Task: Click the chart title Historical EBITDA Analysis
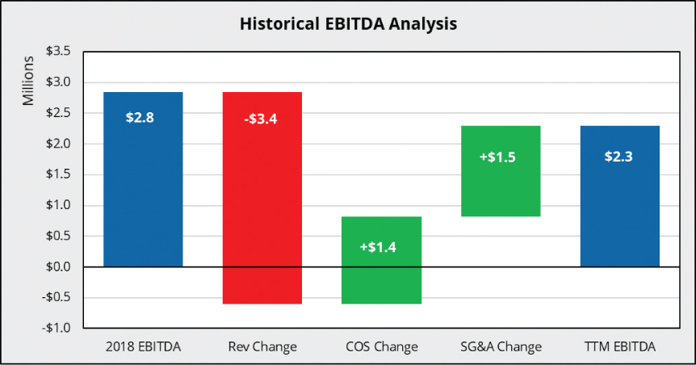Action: click(348, 24)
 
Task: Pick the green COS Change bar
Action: click(381, 275)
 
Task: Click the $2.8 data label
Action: click(140, 117)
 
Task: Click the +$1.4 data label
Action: click(380, 246)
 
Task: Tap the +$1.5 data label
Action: click(499, 157)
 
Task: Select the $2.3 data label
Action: click(618, 157)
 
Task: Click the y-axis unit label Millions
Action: click(28, 81)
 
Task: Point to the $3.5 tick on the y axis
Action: click(57, 52)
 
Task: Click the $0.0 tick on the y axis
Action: click(57, 266)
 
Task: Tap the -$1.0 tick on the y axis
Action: click(56, 328)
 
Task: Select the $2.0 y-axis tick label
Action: click(57, 144)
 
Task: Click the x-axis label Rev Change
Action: click(262, 347)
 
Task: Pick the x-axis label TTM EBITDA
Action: click(619, 347)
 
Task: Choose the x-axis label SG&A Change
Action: click(500, 347)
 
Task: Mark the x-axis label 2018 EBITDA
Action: click(143, 347)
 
